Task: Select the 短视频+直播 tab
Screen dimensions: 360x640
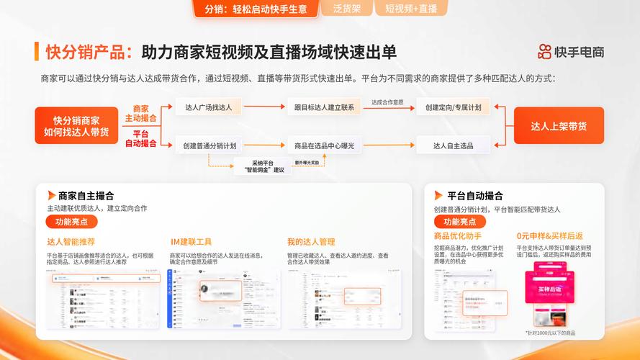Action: point(411,9)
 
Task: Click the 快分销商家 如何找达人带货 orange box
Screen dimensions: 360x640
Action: point(76,126)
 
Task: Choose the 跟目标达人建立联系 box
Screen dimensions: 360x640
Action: point(324,107)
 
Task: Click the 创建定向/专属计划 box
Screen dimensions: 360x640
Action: point(453,107)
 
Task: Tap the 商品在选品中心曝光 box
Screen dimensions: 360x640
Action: point(324,145)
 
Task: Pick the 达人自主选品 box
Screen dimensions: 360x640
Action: point(453,145)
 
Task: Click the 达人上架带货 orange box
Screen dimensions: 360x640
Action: point(559,126)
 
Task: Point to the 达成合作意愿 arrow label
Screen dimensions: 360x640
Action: point(387,102)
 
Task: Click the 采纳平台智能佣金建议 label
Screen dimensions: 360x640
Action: point(258,166)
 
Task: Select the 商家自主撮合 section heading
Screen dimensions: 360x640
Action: point(86,195)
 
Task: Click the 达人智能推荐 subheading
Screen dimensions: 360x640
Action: point(71,242)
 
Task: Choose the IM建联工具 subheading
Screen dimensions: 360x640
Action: point(191,242)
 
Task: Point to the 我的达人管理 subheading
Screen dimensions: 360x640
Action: point(311,242)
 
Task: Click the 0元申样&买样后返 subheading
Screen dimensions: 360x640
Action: point(549,236)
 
